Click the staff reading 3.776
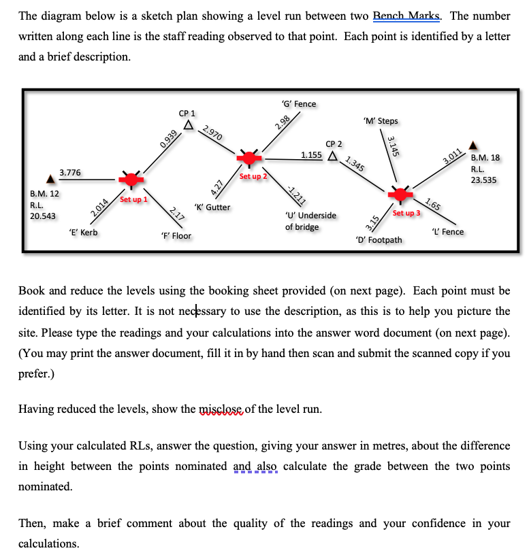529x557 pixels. tap(70, 173)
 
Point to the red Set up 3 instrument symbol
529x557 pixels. tap(400, 194)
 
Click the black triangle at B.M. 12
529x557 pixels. tap(50, 180)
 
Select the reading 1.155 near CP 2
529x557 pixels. tap(311, 155)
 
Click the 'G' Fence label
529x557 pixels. tap(298, 103)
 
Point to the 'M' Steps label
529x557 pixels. tap(381, 121)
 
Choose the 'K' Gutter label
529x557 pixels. tap(212, 207)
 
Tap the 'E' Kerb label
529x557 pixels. tap(84, 233)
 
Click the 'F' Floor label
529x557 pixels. tap(175, 236)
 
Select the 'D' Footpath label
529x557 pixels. tap(379, 240)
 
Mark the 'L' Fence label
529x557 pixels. tap(447, 232)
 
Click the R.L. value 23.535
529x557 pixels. tap(483, 180)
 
